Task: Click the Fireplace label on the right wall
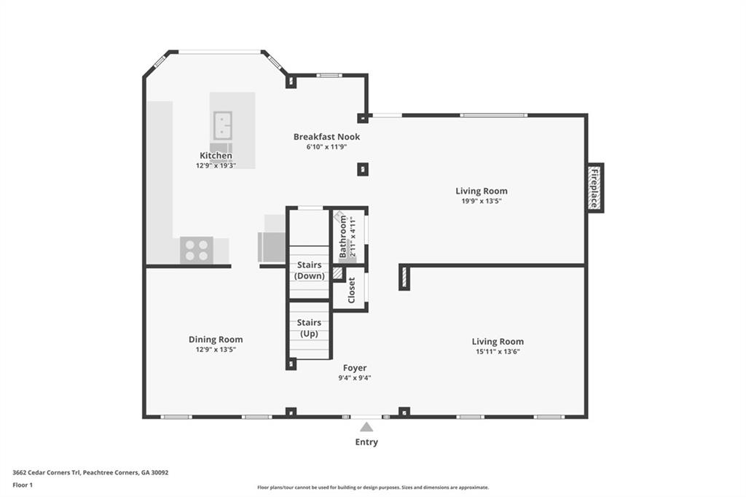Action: [x=594, y=188]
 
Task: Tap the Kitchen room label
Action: [x=216, y=155]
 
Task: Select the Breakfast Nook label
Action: [x=326, y=136]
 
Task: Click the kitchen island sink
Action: [x=222, y=125]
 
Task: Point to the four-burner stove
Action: [x=196, y=250]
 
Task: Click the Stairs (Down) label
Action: [x=309, y=270]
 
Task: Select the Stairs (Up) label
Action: [x=309, y=328]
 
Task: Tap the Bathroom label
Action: [x=343, y=236]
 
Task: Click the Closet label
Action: [x=351, y=290]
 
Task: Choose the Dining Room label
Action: [x=216, y=339]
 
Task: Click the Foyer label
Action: [x=356, y=367]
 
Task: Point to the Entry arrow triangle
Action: [x=366, y=427]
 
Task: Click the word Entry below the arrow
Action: [x=366, y=442]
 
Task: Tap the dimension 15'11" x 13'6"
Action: [x=498, y=351]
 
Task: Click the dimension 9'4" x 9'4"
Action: [x=356, y=377]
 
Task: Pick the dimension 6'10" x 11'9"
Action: [x=326, y=146]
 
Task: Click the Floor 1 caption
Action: [x=23, y=485]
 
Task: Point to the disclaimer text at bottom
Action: [x=372, y=488]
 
